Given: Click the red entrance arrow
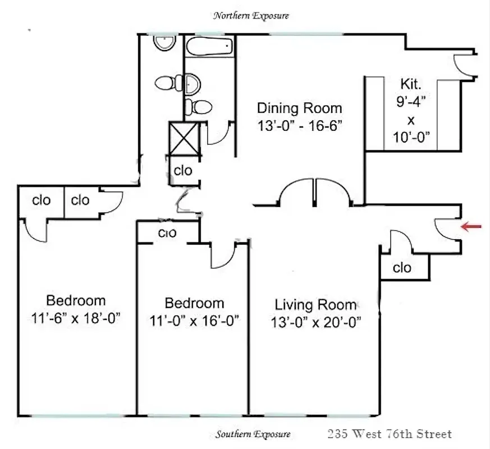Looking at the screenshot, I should pyautogui.click(x=472, y=226).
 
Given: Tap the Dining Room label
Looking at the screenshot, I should pyautogui.click(x=299, y=108).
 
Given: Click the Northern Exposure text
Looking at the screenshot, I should pyautogui.click(x=251, y=16).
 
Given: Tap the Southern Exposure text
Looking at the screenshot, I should pyautogui.click(x=253, y=434).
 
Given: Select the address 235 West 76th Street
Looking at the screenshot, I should pyautogui.click(x=390, y=434).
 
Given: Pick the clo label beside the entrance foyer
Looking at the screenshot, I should pyautogui.click(x=402, y=268).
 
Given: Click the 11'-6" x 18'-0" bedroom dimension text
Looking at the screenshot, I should pyautogui.click(x=76, y=318).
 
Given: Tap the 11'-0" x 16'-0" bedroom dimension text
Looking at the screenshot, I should pyautogui.click(x=195, y=320).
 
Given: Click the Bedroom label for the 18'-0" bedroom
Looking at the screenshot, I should pyautogui.click(x=76, y=300).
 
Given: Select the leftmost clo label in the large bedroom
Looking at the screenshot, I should pyautogui.click(x=42, y=200).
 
